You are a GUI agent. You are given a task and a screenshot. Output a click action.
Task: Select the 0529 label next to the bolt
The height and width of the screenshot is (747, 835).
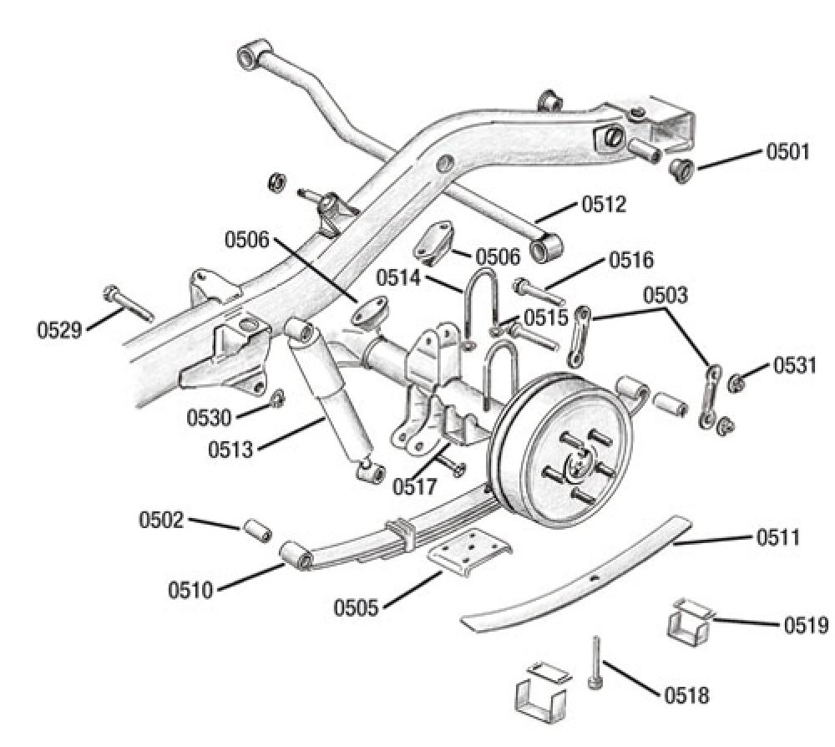tap(59, 329)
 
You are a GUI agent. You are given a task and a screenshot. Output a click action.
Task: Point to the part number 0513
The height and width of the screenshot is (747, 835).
tap(232, 450)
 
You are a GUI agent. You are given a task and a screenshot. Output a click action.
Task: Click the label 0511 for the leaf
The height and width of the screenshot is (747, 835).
tap(780, 537)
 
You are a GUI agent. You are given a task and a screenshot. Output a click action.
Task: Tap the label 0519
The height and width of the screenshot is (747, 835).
tap(805, 624)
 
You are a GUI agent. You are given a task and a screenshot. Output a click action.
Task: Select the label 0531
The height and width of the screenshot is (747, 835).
tap(795, 365)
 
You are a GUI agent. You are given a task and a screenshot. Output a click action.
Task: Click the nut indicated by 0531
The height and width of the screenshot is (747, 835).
tap(737, 383)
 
